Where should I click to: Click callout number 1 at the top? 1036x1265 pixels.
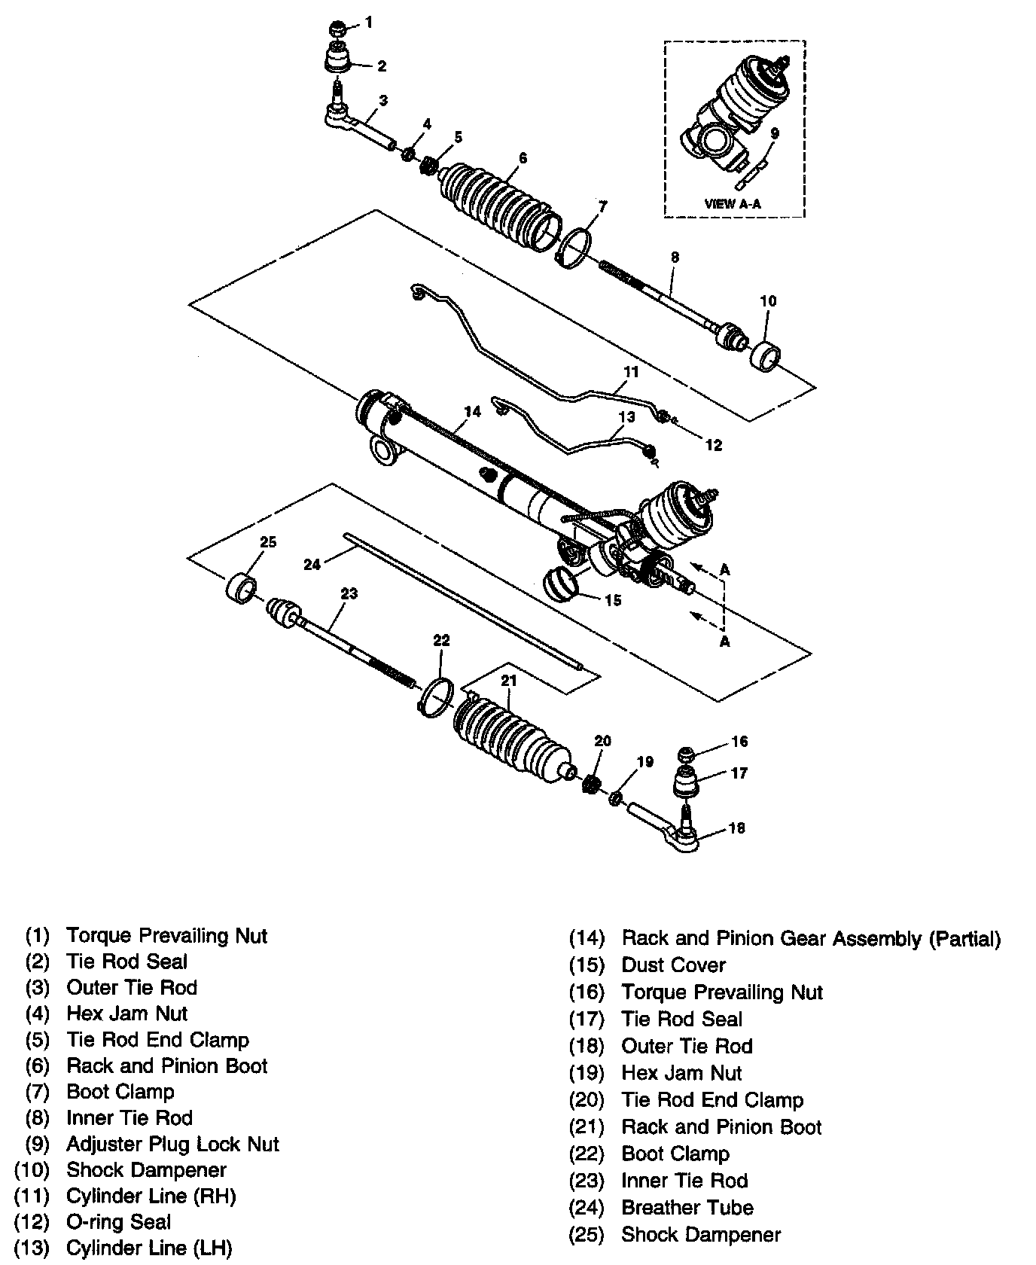tap(369, 23)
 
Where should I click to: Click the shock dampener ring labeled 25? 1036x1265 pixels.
tap(242, 587)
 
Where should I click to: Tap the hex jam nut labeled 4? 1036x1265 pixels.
tap(407, 154)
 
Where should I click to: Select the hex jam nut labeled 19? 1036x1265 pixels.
tap(614, 797)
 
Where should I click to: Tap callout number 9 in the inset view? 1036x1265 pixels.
tap(775, 133)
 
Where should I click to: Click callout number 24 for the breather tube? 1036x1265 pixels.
tap(312, 563)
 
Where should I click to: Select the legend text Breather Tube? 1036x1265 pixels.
tap(687, 1208)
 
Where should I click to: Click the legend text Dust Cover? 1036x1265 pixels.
tap(673, 965)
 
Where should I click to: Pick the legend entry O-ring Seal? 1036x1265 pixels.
tap(119, 1222)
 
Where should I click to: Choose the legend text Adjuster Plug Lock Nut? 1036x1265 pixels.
tap(172, 1144)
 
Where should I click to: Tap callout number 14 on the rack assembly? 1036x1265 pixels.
tap(472, 412)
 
